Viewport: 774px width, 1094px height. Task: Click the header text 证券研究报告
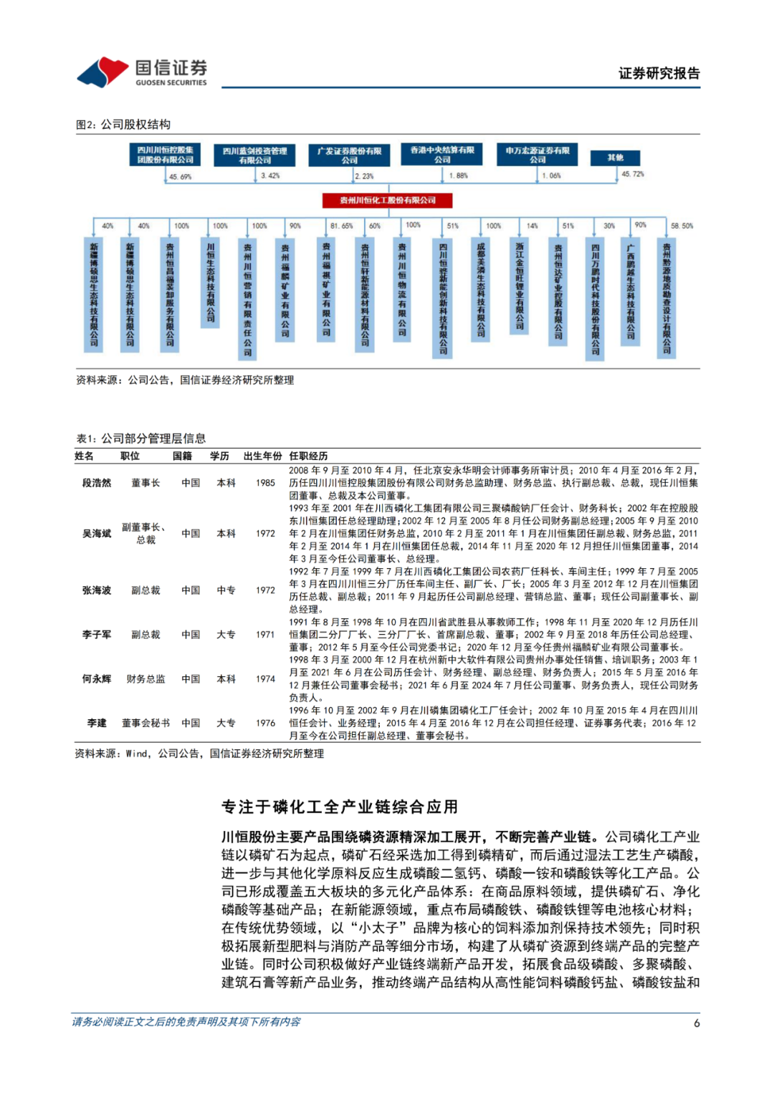(659, 73)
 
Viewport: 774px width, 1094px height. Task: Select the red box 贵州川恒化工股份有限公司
(388, 201)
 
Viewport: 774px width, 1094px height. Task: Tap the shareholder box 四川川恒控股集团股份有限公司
(166, 155)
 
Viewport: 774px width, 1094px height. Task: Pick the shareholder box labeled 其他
(615, 158)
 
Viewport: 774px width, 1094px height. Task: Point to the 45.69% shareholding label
(181, 176)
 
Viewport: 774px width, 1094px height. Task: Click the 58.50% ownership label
(682, 226)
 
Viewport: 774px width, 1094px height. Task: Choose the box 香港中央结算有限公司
(442, 155)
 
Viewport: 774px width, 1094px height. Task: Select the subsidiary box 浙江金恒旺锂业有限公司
(520, 286)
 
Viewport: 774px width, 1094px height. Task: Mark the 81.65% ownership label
(341, 226)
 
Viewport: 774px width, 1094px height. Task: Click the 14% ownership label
(532, 226)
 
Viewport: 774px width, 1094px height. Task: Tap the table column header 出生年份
(262, 456)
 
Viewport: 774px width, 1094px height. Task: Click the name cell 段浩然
(97, 483)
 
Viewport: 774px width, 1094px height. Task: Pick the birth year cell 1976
(265, 723)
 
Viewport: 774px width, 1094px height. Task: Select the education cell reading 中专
(226, 590)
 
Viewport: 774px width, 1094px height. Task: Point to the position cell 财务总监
(145, 678)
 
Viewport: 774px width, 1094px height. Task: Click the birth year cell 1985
(265, 483)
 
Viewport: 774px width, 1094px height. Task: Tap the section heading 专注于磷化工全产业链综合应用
(339, 807)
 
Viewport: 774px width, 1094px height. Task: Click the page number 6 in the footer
(697, 1023)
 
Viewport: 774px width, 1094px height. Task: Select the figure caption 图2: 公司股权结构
(123, 125)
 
